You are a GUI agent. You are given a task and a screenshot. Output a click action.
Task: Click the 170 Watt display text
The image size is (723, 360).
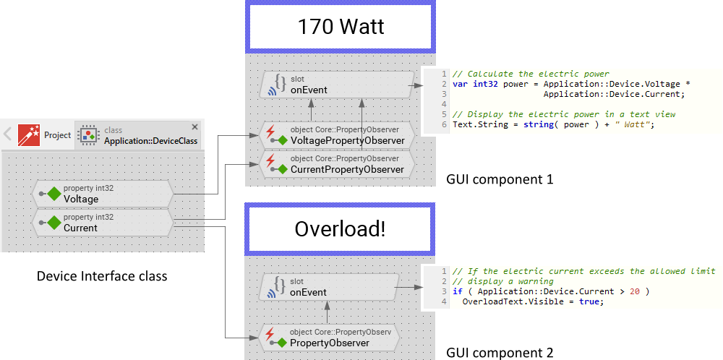[x=341, y=27]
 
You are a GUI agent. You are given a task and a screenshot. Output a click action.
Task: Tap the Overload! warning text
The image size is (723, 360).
[x=340, y=229]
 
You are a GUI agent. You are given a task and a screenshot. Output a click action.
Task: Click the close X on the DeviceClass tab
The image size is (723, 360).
[x=194, y=127]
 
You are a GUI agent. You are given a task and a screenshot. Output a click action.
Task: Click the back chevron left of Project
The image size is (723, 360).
[x=7, y=134]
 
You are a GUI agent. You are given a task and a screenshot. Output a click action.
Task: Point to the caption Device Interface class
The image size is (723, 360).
[x=102, y=275]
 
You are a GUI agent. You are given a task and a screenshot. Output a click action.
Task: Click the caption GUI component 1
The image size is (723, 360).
[x=500, y=179]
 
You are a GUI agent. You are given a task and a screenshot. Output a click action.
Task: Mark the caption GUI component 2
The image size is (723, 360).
[x=500, y=353]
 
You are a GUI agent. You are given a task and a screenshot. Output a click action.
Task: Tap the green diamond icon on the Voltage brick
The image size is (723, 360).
[x=54, y=194]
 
